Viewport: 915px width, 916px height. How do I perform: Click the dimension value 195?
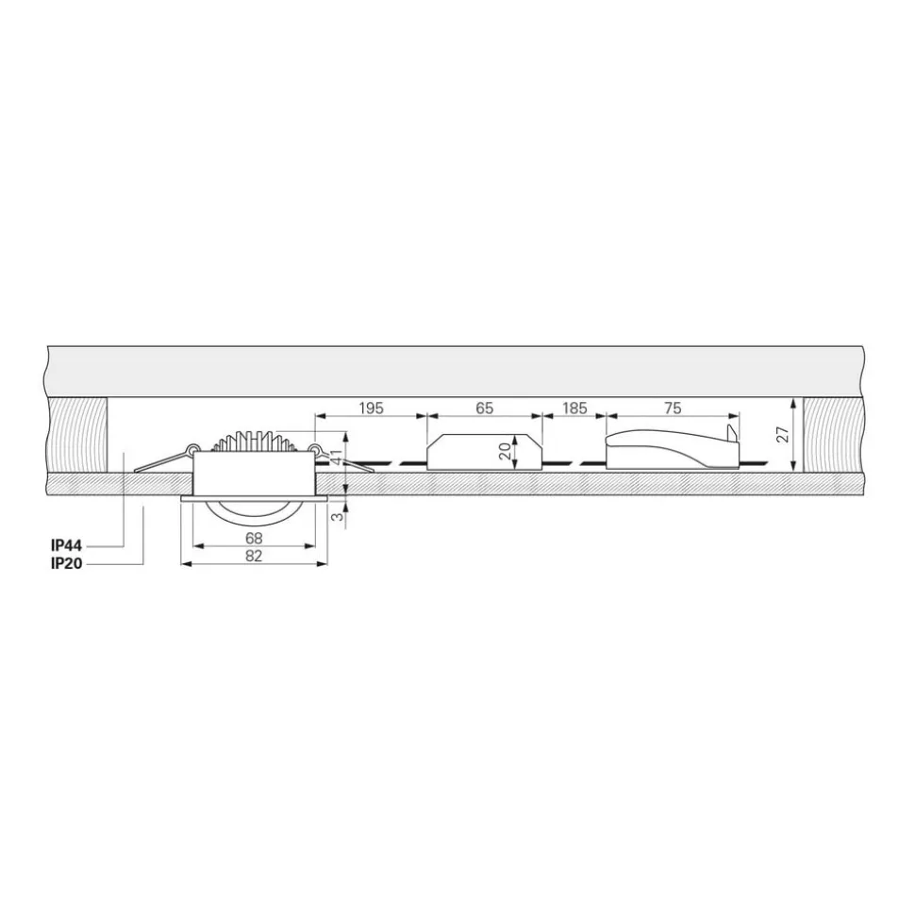point(372,408)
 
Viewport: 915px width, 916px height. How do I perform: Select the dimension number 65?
point(484,408)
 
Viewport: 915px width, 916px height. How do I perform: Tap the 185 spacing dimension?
point(574,408)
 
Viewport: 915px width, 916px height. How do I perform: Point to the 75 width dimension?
point(673,408)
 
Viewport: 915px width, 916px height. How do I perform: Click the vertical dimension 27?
point(782,435)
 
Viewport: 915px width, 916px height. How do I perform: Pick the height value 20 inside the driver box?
point(505,451)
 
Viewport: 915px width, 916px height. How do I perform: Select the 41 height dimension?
point(335,459)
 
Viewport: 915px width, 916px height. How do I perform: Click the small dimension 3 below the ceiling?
point(336,517)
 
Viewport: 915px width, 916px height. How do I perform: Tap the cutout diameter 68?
point(254,539)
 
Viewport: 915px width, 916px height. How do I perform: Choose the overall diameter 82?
point(254,556)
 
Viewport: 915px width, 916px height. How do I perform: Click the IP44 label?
point(67,545)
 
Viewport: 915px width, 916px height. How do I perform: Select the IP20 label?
point(67,563)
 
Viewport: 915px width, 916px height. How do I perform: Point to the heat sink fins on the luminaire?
point(254,441)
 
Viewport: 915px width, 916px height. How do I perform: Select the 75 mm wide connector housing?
point(660,451)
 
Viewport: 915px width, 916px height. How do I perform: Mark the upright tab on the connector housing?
point(731,434)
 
